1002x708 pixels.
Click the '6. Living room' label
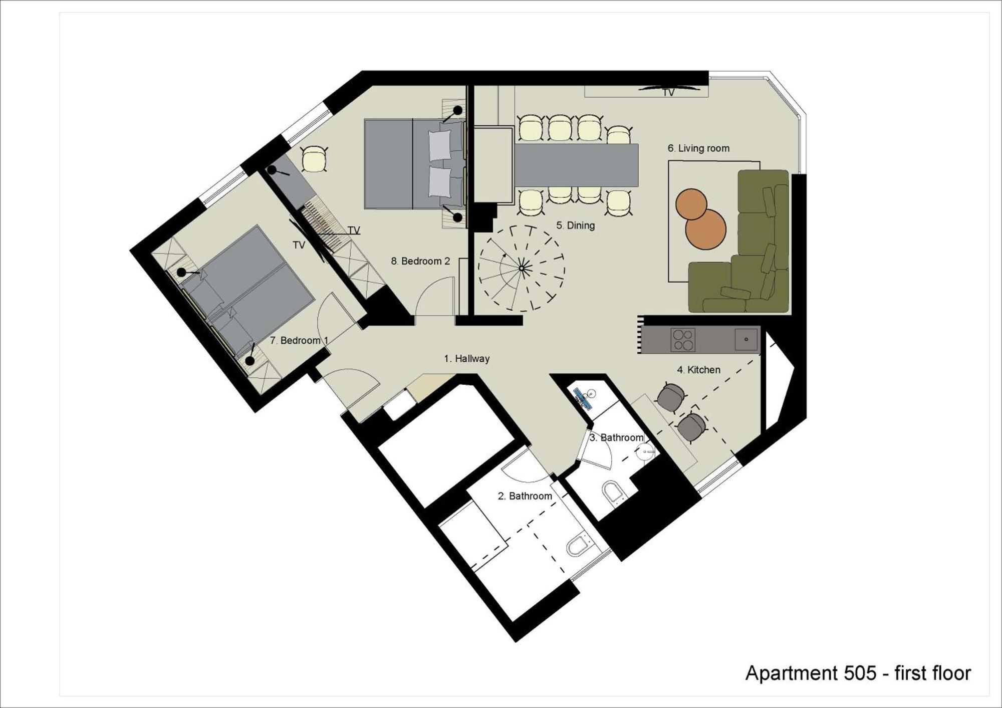click(698, 148)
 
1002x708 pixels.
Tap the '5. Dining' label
click(575, 225)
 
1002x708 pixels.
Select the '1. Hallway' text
click(466, 359)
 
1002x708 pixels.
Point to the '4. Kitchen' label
click(698, 370)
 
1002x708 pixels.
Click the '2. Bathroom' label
click(525, 496)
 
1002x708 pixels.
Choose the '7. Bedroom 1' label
click(299, 340)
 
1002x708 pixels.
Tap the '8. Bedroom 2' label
click(420, 261)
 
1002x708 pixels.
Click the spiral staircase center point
click(522, 269)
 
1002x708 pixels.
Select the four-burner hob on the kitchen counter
click(683, 340)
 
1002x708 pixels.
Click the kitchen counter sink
click(746, 339)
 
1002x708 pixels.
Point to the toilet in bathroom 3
click(612, 491)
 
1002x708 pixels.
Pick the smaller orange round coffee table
click(691, 204)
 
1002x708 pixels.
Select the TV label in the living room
click(668, 93)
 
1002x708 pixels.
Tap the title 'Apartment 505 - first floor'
click(858, 673)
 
